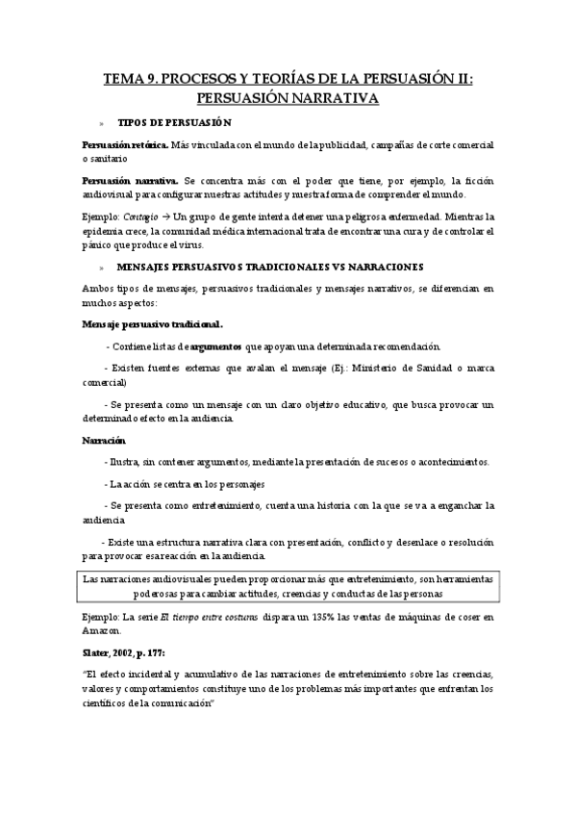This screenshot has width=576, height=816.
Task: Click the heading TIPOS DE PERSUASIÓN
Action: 174,122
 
